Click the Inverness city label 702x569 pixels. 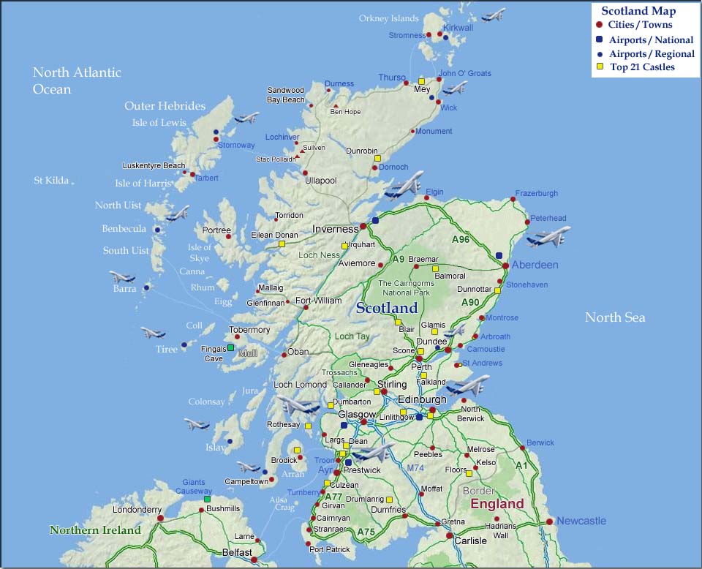click(x=335, y=229)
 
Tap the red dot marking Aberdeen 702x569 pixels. click(x=505, y=265)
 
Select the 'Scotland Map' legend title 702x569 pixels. click(x=638, y=11)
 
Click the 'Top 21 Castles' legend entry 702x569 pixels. click(x=642, y=67)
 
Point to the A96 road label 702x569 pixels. click(x=461, y=239)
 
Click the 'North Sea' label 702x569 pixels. click(x=615, y=317)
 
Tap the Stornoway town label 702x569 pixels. click(x=236, y=145)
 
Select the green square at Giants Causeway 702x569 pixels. click(x=207, y=499)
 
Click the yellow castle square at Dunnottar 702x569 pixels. click(x=497, y=290)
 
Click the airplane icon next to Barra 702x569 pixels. click(x=122, y=277)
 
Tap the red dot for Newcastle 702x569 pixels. click(x=548, y=521)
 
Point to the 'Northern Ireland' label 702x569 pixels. click(x=95, y=530)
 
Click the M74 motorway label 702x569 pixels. click(x=415, y=467)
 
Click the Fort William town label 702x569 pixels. click(x=318, y=301)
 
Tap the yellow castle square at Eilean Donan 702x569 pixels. click(x=282, y=244)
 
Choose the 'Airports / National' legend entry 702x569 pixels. click(x=651, y=40)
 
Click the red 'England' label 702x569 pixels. click(x=497, y=504)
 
